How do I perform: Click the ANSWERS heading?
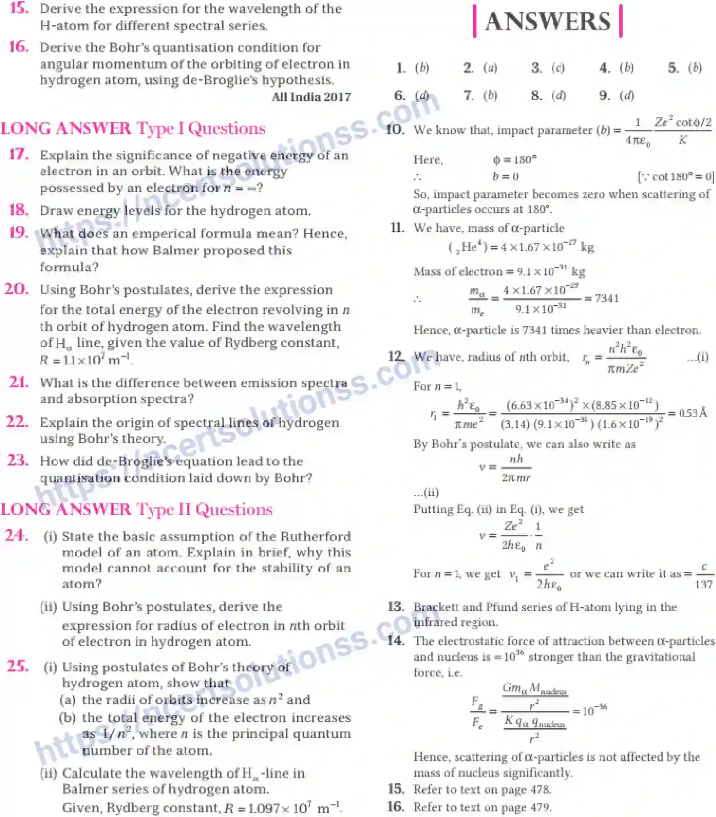548,21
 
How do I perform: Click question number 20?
16,289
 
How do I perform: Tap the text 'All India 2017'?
311,97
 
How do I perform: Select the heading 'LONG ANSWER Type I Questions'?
133,128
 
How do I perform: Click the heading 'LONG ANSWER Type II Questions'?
136,509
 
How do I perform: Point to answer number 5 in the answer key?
674,68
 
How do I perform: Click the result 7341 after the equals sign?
607,298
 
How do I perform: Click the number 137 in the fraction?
703,584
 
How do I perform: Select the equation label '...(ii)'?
426,493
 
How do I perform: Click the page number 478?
540,789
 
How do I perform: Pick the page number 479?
540,807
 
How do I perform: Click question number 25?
18,666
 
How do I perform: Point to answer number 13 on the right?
396,606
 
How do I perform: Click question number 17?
19,154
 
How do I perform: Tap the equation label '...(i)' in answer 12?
698,357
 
